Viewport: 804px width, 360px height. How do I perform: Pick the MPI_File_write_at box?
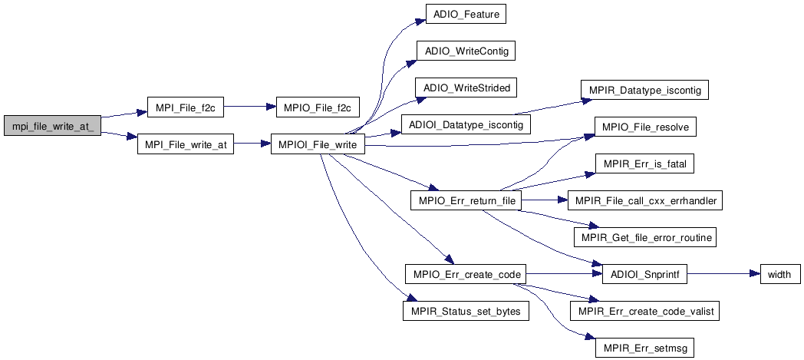tap(185, 145)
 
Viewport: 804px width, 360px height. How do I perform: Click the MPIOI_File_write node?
tap(318, 145)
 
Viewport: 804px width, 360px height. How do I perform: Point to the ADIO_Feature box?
tap(466, 15)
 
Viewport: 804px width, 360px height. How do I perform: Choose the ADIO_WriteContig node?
tap(466, 51)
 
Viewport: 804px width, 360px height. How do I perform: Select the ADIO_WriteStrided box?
tap(466, 88)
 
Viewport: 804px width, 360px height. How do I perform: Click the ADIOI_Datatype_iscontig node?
tap(466, 124)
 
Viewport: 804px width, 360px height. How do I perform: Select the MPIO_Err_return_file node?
tap(466, 201)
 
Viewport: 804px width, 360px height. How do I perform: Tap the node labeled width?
tap(780, 274)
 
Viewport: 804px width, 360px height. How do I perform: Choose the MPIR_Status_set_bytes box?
tap(466, 310)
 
